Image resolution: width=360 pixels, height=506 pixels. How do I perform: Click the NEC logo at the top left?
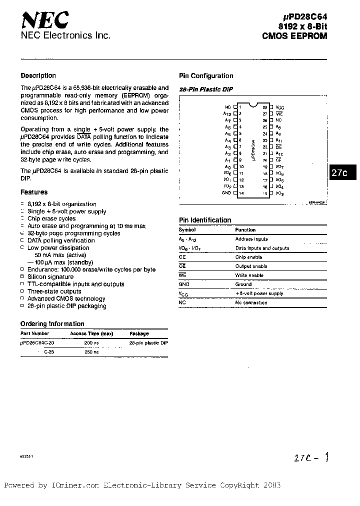click(x=44, y=20)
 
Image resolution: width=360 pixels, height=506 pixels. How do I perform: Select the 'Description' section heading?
click(x=38, y=76)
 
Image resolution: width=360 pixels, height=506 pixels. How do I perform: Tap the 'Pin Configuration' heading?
click(x=206, y=76)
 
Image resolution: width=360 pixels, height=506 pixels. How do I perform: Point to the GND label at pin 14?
click(x=226, y=193)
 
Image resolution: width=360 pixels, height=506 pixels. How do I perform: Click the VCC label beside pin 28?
click(x=279, y=107)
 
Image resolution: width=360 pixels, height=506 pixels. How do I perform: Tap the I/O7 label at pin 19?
click(x=279, y=166)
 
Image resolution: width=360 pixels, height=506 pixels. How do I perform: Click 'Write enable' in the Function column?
click(x=249, y=275)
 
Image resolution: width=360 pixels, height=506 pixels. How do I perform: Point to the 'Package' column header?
click(x=139, y=333)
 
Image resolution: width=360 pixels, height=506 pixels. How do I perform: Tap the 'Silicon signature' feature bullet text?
click(x=50, y=277)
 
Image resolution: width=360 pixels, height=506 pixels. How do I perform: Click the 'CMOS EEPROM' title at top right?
click(x=295, y=35)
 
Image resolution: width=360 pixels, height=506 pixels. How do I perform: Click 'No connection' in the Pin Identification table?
click(x=251, y=303)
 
